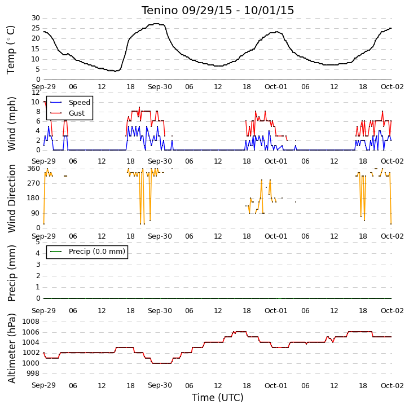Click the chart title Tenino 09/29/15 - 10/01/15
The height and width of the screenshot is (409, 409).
(218, 10)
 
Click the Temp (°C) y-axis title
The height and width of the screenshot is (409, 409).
(11, 50)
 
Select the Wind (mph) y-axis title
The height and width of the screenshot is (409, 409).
(11, 124)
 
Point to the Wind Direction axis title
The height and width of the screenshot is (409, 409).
(11, 199)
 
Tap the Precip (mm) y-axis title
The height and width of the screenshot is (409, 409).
(11, 274)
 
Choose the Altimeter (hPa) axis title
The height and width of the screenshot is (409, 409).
(11, 348)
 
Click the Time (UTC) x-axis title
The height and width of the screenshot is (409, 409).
(218, 398)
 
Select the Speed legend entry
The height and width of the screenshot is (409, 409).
(71, 102)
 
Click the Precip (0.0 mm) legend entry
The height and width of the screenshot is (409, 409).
(87, 252)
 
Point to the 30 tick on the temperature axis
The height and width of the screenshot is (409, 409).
(36, 18)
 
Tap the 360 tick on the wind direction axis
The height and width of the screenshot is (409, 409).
(34, 169)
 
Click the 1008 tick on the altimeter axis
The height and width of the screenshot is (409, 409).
(31, 322)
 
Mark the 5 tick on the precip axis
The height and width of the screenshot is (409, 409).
(38, 242)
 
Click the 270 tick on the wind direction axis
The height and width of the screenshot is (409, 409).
(34, 183)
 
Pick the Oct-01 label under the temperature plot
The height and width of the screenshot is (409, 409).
(276, 87)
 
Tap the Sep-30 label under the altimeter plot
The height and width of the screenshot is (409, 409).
(160, 385)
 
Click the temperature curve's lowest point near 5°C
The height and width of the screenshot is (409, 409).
(115, 71)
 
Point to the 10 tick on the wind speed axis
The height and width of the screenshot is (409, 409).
(35, 102)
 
